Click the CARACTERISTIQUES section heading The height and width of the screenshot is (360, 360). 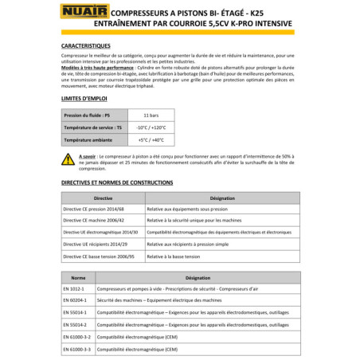tap(90, 47)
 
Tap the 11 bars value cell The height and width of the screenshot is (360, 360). tap(140, 115)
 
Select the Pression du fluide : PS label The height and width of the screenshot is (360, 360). tap(88, 115)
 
